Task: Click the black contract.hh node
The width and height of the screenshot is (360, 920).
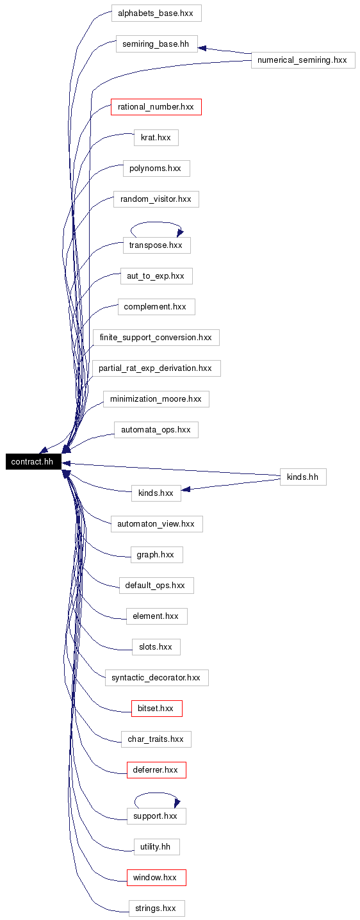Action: (x=33, y=461)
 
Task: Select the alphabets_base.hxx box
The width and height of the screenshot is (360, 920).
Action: (x=156, y=13)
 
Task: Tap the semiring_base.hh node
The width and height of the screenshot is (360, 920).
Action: (x=156, y=44)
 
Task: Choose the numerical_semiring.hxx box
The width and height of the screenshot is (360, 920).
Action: (x=303, y=60)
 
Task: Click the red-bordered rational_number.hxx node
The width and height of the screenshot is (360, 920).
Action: (x=156, y=107)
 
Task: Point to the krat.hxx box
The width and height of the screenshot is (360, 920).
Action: (x=156, y=137)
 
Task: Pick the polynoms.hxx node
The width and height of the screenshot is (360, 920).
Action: (x=156, y=168)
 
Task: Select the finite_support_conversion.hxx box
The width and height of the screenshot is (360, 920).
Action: (x=156, y=337)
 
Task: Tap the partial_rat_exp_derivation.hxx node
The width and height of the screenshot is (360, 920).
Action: (x=156, y=368)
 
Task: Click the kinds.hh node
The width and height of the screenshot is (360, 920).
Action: (x=304, y=477)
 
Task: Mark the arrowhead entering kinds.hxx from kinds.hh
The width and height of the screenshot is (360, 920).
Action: (x=186, y=489)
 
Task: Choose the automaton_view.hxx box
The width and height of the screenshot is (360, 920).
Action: (x=157, y=523)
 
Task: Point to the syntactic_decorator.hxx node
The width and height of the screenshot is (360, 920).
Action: (x=157, y=677)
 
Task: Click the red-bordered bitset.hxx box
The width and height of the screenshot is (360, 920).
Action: (x=157, y=708)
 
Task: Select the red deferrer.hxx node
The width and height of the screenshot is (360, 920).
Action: (x=156, y=769)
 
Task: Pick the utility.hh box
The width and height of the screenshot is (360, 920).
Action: (x=157, y=847)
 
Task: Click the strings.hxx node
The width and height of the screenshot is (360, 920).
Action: (x=157, y=908)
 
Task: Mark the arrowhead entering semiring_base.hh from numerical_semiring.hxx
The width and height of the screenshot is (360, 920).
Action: (x=202, y=48)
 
